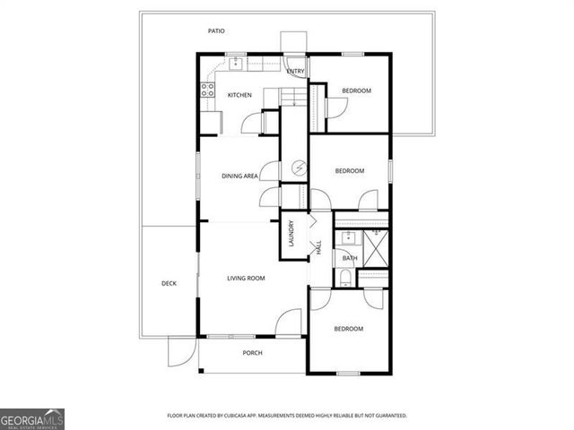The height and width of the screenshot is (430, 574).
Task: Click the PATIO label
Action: (216, 31)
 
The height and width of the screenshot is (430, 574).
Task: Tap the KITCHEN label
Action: (239, 95)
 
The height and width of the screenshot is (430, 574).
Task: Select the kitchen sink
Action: (237, 64)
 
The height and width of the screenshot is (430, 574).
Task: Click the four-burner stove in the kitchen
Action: (207, 89)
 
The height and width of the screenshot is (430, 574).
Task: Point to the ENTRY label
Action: (295, 71)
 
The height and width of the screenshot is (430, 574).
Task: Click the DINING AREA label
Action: (239, 176)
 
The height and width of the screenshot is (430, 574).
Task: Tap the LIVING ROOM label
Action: (246, 279)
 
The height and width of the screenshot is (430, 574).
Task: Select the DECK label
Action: (169, 284)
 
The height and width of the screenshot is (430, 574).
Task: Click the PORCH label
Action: (253, 353)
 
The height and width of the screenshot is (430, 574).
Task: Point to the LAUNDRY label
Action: (291, 235)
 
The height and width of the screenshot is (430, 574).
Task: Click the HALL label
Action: (317, 247)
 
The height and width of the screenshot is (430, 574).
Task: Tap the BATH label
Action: (350, 258)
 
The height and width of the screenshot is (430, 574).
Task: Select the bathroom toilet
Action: (346, 278)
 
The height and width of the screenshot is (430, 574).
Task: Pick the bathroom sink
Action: (347, 238)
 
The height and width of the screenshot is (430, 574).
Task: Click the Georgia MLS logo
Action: (32, 419)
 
